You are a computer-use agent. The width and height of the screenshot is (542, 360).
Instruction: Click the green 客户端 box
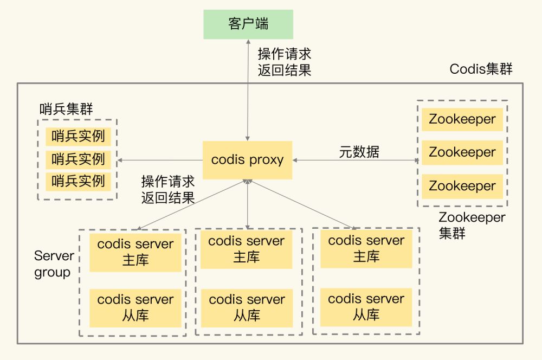click(248, 24)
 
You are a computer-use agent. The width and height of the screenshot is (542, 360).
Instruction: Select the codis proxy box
click(247, 160)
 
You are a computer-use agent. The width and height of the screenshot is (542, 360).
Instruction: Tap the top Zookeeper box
click(462, 119)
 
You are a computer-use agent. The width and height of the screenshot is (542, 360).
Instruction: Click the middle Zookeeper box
click(462, 152)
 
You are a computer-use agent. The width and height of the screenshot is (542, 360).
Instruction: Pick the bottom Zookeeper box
click(462, 186)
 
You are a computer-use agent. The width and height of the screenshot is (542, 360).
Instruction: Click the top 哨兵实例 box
click(78, 136)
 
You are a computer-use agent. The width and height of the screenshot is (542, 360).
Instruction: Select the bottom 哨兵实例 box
click(78, 181)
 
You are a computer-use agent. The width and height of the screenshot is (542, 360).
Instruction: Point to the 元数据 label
click(359, 152)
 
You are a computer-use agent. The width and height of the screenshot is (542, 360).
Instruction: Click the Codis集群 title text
click(481, 69)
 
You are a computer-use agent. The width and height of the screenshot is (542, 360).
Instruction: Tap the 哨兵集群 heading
click(66, 108)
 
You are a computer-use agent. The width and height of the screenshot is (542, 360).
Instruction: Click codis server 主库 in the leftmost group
click(135, 252)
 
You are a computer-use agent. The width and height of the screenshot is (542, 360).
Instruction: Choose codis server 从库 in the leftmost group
click(135, 307)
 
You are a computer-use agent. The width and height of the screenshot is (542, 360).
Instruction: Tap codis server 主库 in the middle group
click(247, 249)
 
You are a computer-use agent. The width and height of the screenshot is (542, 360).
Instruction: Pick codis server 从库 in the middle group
click(247, 307)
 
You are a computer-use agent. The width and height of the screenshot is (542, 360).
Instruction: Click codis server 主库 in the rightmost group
click(366, 248)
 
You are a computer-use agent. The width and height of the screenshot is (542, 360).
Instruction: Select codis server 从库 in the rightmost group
click(366, 307)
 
